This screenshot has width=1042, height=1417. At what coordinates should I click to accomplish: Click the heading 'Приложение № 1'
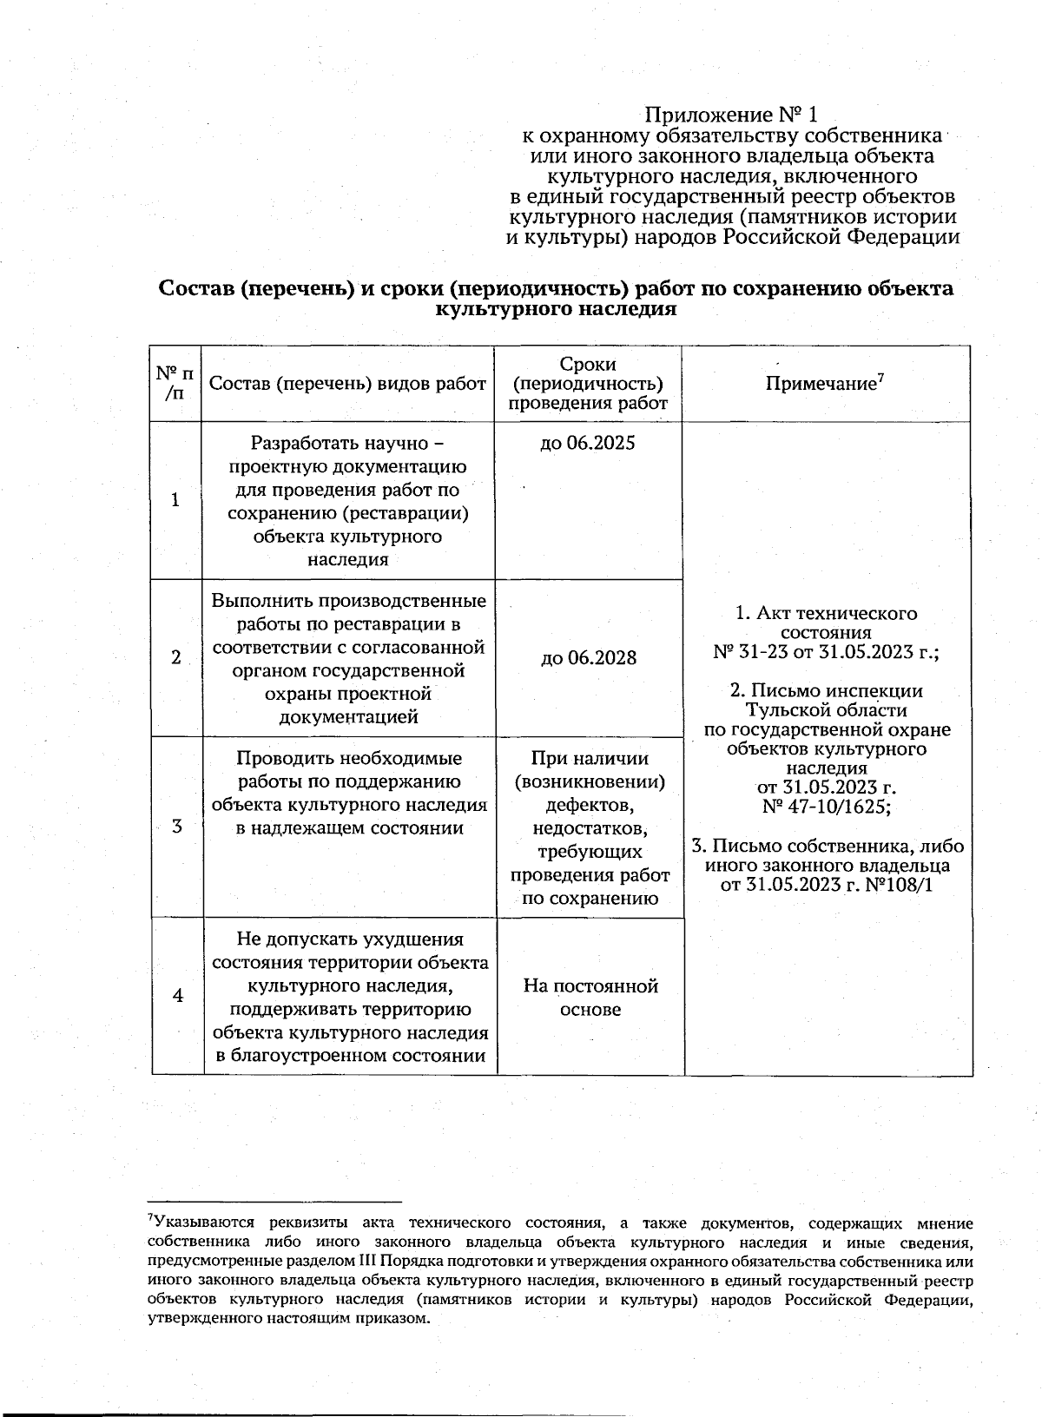pyautogui.click(x=731, y=115)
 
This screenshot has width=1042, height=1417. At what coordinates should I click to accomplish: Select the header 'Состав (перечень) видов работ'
pyautogui.click(x=347, y=384)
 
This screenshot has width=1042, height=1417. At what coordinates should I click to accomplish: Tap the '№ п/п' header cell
pyautogui.click(x=175, y=383)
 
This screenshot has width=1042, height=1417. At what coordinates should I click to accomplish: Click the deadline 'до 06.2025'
pyautogui.click(x=588, y=443)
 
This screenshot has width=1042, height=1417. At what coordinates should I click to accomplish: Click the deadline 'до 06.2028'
pyautogui.click(x=589, y=657)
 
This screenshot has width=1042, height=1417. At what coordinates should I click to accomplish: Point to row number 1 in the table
pyautogui.click(x=176, y=500)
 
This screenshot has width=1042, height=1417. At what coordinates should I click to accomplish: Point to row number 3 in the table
pyautogui.click(x=177, y=826)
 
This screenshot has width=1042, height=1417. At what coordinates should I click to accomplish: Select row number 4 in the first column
pyautogui.click(x=178, y=995)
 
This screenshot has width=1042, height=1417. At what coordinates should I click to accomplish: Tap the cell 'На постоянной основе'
pyautogui.click(x=590, y=997)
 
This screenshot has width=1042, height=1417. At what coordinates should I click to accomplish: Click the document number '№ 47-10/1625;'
pyautogui.click(x=826, y=807)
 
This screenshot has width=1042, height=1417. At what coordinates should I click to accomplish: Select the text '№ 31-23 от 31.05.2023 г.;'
pyautogui.click(x=826, y=651)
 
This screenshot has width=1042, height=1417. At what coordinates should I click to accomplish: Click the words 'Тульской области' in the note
pyautogui.click(x=826, y=710)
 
